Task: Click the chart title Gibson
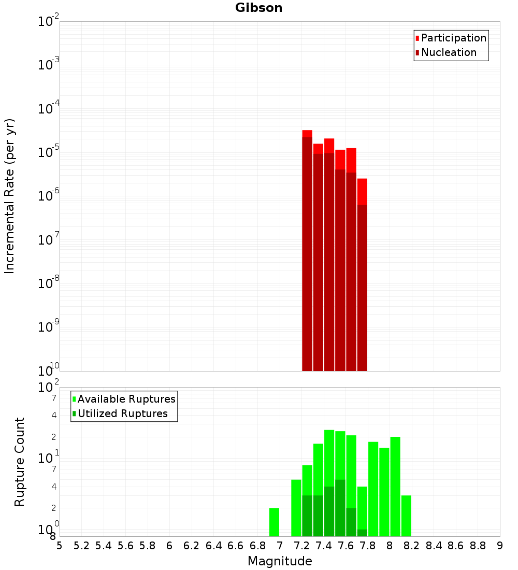coord(258,8)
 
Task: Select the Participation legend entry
coord(453,38)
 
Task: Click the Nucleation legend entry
coord(448,53)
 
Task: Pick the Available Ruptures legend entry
coord(126,400)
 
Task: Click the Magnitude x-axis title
coord(280,561)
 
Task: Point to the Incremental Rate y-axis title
coord(10,196)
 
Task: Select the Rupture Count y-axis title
coord(20,462)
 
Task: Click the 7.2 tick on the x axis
coord(302,546)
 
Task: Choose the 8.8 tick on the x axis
coord(478,546)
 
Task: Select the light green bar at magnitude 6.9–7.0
coord(274,522)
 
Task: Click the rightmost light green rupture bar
coord(406,516)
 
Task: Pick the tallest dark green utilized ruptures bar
coord(340,508)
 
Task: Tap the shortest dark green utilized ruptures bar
coord(362,533)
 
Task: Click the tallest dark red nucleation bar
coord(307,254)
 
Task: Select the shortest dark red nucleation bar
coord(362,288)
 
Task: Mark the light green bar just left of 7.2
coord(296,508)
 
